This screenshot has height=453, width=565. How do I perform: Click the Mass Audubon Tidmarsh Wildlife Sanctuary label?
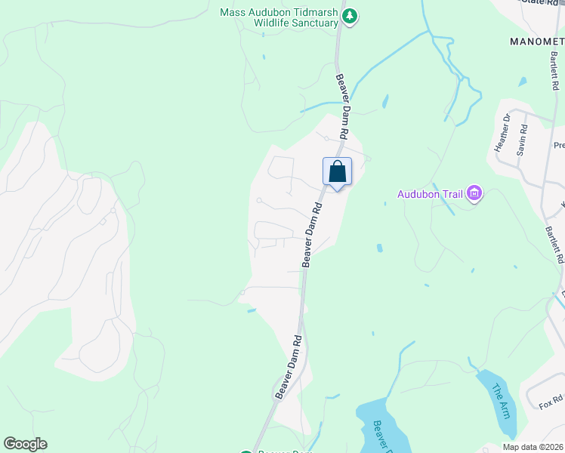click(x=278, y=17)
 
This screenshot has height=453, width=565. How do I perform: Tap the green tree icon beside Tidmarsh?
click(x=349, y=15)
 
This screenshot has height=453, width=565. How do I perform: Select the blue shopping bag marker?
click(x=337, y=171)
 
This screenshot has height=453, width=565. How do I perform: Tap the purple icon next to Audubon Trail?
click(x=474, y=194)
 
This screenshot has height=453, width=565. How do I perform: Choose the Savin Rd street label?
click(x=521, y=141)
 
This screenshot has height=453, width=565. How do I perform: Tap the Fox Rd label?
click(x=551, y=402)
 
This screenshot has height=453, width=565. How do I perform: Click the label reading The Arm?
click(x=501, y=400)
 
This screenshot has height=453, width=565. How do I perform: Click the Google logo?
click(x=25, y=444)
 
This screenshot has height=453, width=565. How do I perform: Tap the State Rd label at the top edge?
click(x=541, y=2)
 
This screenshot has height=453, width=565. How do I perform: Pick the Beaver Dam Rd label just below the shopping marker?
click(x=312, y=233)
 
